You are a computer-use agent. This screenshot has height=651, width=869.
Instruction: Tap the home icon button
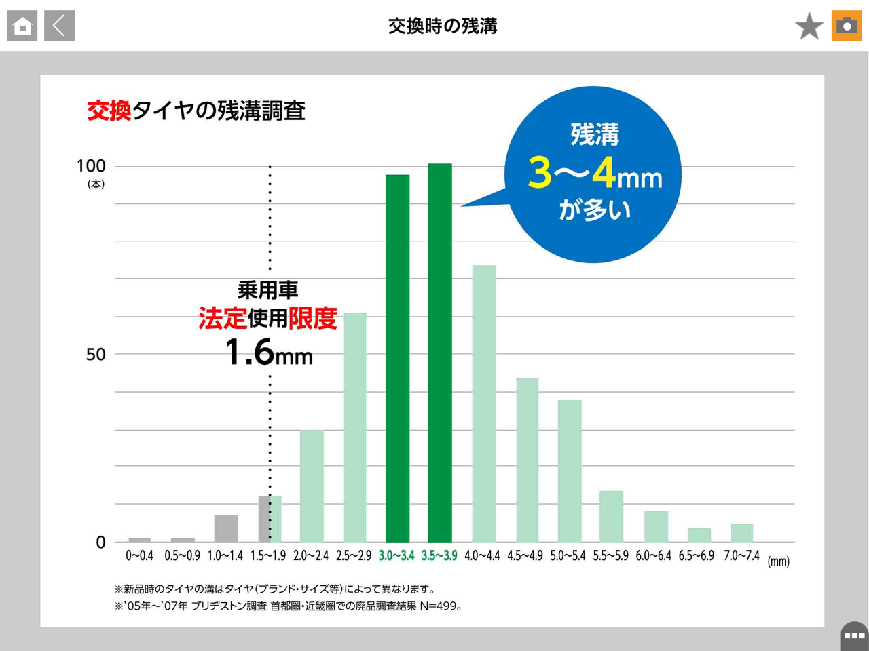coord(22,26)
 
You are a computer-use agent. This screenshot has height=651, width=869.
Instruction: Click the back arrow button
coord(59,26)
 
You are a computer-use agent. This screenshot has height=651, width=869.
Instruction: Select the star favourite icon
coord(809,26)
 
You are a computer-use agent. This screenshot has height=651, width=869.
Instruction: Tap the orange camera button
coord(846,26)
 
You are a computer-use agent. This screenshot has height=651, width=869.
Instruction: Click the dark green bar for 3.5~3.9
coord(440,353)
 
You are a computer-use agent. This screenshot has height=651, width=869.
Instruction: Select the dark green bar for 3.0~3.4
coord(397,358)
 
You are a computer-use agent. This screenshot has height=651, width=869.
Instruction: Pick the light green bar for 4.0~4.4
coord(484,403)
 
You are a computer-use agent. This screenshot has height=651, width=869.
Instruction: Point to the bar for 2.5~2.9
coord(354,427)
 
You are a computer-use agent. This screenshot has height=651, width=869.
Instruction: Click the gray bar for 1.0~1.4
coord(226,528)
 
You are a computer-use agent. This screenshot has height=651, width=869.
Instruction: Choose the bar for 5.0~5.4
coord(570,471)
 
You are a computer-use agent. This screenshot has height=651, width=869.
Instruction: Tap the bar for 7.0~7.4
coord(741,532)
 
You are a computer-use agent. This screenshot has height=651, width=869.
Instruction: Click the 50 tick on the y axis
coord(96,354)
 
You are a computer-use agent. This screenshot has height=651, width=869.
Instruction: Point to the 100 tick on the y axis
coord(91,166)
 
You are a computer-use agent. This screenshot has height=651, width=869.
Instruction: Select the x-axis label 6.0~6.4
coord(653,556)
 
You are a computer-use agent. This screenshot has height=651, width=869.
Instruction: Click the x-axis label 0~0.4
coord(139,556)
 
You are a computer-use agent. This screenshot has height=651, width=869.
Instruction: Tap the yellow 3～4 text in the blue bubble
coord(572,173)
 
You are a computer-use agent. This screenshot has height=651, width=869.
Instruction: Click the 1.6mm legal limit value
coord(269,353)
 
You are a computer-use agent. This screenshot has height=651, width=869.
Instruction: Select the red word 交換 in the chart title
coord(109,111)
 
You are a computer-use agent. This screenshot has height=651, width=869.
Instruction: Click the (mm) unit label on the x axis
coord(778,561)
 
